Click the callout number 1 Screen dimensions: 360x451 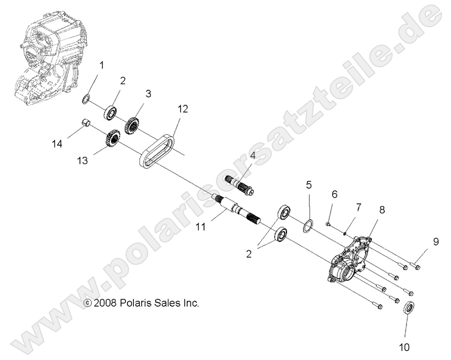102,65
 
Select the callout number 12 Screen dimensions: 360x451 169,109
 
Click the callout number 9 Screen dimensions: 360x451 436,242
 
